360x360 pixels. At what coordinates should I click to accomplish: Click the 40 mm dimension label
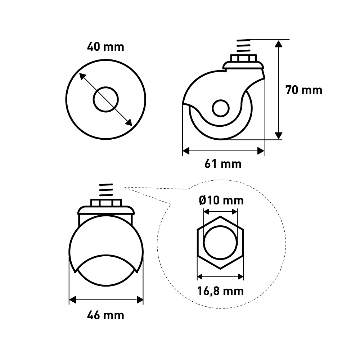105,47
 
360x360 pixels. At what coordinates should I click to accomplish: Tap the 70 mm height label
304,90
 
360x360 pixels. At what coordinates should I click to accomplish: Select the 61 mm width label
223,164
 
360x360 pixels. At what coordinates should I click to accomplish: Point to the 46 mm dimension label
105,315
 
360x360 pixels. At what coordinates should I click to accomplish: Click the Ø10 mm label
221,201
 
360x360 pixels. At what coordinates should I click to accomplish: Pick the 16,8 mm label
220,291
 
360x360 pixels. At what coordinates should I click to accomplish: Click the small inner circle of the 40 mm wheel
105,87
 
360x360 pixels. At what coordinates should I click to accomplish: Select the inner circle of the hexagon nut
220,226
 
